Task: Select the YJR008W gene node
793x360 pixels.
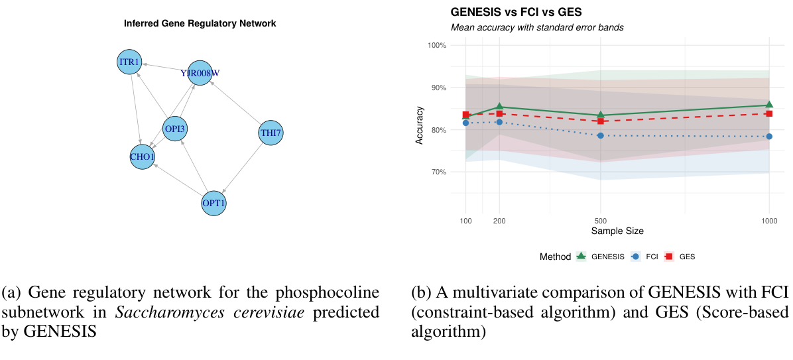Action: pyautogui.click(x=200, y=72)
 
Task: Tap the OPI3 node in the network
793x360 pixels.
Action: pyautogui.click(x=176, y=128)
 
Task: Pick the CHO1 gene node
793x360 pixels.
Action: pyautogui.click(x=142, y=156)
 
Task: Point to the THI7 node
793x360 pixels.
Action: pyautogui.click(x=271, y=133)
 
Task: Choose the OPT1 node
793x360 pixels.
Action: pyautogui.click(x=214, y=202)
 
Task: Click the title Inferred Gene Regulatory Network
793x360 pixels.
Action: pyautogui.click(x=200, y=24)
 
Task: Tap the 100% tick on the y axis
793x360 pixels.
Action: pyautogui.click(x=437, y=45)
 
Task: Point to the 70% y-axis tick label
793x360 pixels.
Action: pyautogui.click(x=438, y=172)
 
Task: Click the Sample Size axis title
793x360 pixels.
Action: pyautogui.click(x=617, y=231)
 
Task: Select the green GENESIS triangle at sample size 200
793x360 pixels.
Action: pyautogui.click(x=499, y=107)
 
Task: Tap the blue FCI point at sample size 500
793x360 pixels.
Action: pyautogui.click(x=601, y=135)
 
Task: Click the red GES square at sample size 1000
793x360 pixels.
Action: pyautogui.click(x=769, y=113)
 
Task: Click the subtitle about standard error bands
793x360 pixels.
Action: pyautogui.click(x=537, y=28)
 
